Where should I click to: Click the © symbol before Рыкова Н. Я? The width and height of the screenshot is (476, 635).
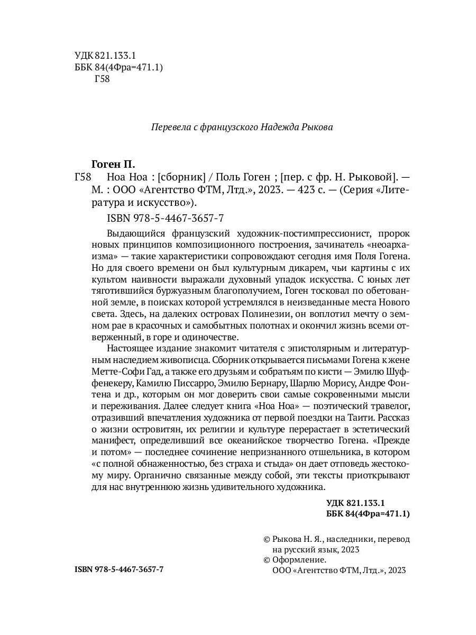click(x=267, y=539)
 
